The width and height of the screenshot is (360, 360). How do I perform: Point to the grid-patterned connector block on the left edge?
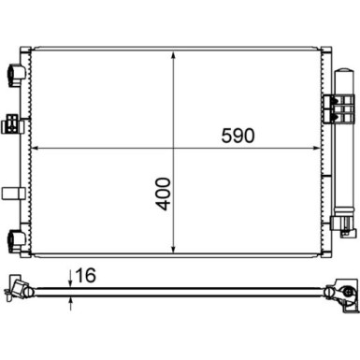[x=12, y=122]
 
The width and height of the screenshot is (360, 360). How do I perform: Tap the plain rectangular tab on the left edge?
[x=13, y=193]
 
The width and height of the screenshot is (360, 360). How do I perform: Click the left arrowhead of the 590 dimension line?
[x=36, y=147]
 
